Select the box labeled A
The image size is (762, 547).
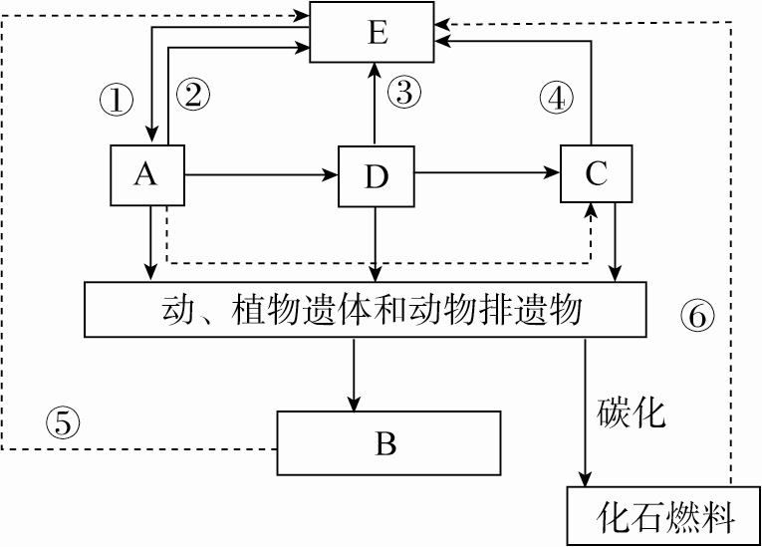[x=146, y=174]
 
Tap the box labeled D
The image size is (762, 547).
[x=376, y=176]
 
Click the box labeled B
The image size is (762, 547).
[x=387, y=443]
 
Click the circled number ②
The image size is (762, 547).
[x=193, y=95]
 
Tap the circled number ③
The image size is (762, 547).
[x=403, y=94]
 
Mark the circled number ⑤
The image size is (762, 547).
[x=62, y=423]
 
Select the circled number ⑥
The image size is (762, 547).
[x=697, y=317]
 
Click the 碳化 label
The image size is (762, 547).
[x=632, y=411]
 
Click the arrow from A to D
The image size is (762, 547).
[x=259, y=175]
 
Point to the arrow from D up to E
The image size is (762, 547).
[x=376, y=104]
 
